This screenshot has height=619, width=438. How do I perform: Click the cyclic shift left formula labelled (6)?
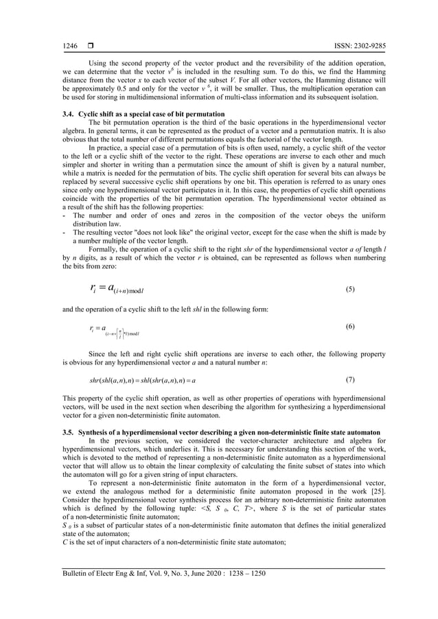[x=113, y=332]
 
